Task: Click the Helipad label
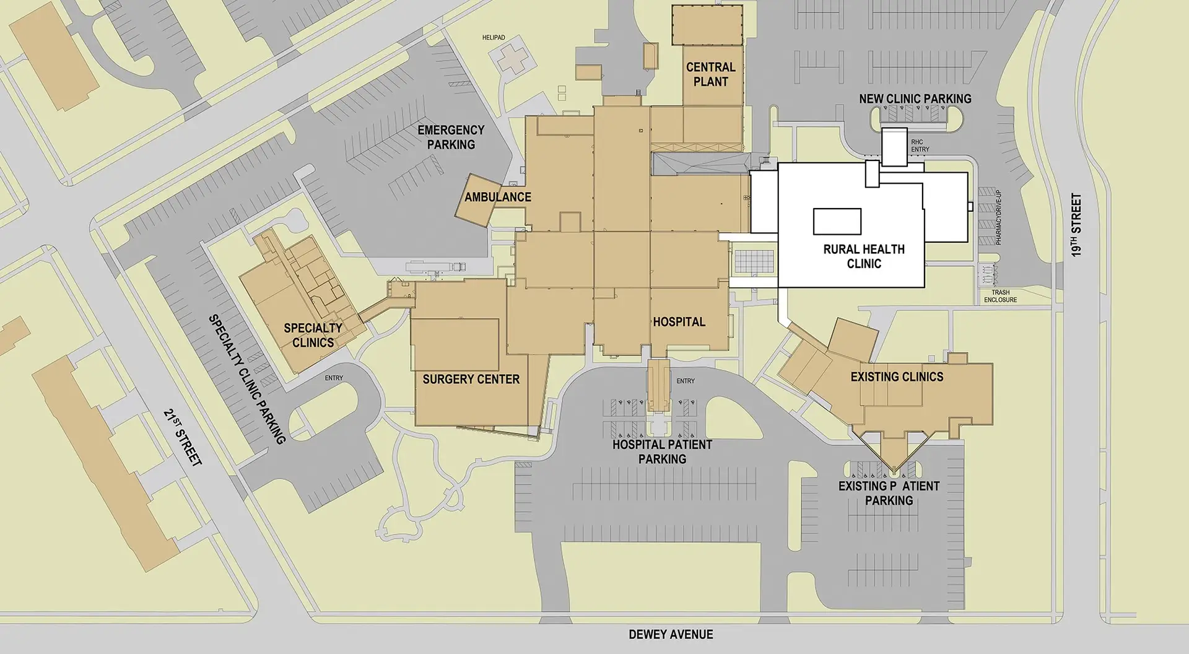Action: coord(494,38)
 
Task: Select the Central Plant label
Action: coord(710,74)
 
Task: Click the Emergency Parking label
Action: coord(451,137)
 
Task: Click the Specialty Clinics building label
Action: coord(313,335)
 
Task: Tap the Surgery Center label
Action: coord(471,379)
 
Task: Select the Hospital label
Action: coord(679,322)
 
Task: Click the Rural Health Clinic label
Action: coord(864,256)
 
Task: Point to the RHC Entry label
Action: coord(920,146)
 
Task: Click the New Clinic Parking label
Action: coord(915,98)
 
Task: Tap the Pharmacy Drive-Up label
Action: coord(998,217)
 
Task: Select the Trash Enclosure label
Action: coord(1000,296)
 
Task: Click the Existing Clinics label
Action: coord(897,377)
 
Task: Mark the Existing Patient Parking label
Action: coord(889,494)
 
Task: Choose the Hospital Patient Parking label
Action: coord(662,451)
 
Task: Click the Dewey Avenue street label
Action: coord(671,634)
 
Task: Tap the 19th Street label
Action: coord(1076,225)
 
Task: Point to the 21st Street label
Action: coord(183,437)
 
